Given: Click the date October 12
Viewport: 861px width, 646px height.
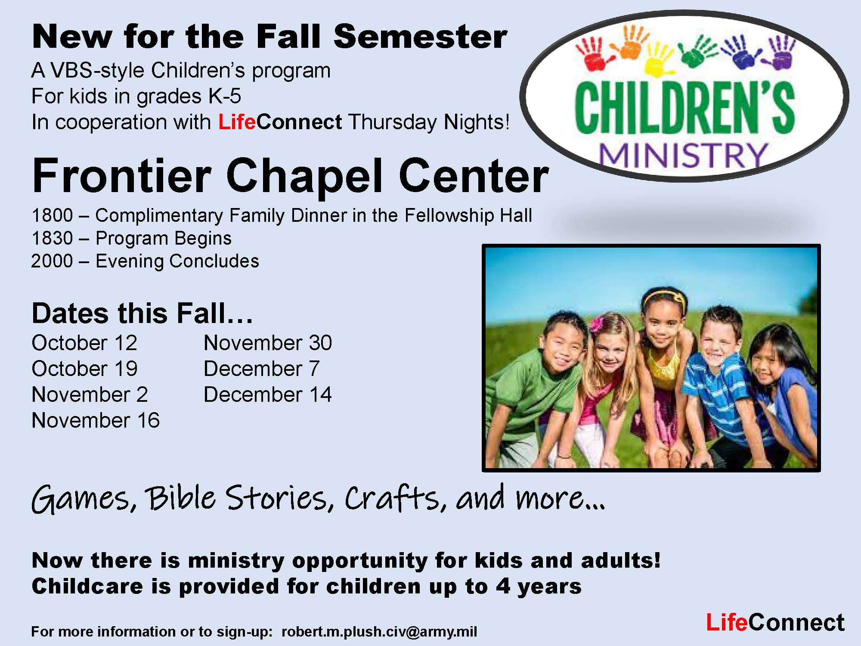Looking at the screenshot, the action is click(x=84, y=343).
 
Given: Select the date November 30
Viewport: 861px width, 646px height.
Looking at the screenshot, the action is click(x=268, y=343).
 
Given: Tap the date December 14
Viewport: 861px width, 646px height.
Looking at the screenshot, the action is click(x=268, y=394).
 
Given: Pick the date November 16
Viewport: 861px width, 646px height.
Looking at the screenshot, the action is click(x=96, y=420).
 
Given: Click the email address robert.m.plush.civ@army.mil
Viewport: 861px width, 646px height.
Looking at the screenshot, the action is click(x=379, y=631).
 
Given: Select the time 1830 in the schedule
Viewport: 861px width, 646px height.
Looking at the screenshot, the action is click(x=52, y=238).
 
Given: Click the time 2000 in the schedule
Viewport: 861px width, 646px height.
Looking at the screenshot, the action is click(x=52, y=261).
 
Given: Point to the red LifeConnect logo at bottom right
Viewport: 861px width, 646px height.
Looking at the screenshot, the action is click(x=775, y=622).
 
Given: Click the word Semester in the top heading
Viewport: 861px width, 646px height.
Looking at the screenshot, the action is click(x=420, y=36).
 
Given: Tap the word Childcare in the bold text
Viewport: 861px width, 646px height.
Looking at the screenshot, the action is click(x=87, y=586).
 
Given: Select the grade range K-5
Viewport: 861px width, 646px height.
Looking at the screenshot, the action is click(x=225, y=96).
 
